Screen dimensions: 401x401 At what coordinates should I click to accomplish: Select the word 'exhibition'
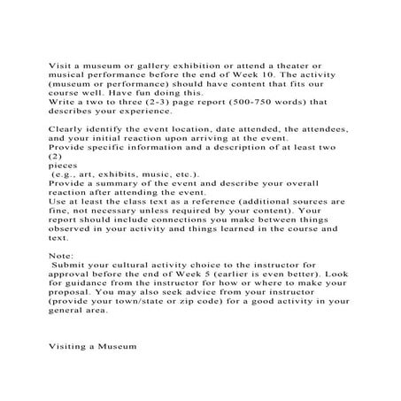pos(203,66)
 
